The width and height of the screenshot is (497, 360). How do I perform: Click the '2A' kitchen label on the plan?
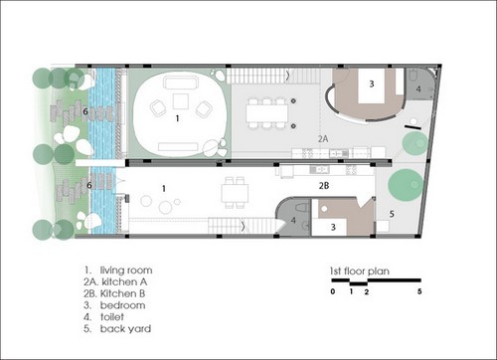pos(323,138)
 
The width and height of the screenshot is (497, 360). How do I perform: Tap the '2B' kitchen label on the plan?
pos(324,186)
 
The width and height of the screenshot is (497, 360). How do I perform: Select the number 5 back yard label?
pos(392,214)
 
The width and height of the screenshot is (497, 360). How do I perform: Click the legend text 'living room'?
pos(126,270)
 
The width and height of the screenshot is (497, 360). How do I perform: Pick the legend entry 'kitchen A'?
pos(124,281)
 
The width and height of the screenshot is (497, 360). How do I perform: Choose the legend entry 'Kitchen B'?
pos(122,293)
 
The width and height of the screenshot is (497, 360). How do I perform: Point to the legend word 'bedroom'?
pos(122,305)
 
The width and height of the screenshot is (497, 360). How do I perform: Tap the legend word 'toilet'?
pos(112,317)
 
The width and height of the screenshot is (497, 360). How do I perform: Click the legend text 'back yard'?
pos(125,329)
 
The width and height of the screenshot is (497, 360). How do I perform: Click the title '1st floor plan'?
pos(360,271)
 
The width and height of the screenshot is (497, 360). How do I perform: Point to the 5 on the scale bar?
pos(419,291)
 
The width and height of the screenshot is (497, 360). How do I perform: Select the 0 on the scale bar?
pos(333,291)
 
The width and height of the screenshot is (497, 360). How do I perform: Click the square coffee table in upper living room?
pos(181,101)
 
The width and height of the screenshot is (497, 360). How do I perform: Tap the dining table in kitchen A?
pos(267,113)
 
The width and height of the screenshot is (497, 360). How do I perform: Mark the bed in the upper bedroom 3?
pos(372,85)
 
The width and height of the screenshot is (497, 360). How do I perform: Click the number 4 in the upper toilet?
pos(418,89)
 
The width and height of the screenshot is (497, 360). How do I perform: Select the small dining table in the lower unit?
pos(235,194)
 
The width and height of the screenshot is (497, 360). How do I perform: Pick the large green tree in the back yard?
pos(406,184)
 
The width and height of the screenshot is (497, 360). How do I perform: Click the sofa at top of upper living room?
pos(181,83)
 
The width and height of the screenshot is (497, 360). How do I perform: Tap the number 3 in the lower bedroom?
pos(333,227)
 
